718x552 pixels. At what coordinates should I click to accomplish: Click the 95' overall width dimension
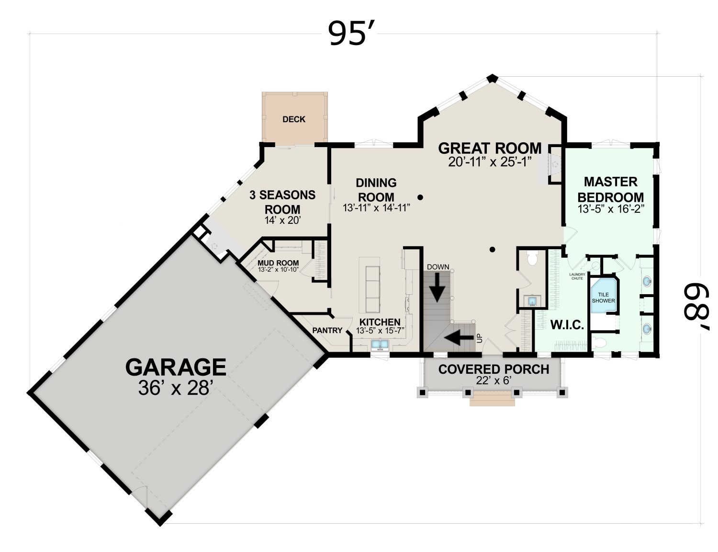click(x=351, y=33)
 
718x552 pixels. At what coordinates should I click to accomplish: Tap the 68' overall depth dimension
click(x=695, y=306)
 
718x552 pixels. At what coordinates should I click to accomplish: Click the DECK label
click(x=294, y=119)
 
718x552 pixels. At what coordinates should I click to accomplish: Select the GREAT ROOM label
click(x=490, y=148)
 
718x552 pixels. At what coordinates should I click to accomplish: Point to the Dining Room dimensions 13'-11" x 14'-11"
click(x=376, y=208)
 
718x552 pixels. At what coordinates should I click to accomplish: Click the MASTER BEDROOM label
click(x=611, y=190)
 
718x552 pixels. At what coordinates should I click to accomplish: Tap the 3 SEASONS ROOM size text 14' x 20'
click(x=282, y=220)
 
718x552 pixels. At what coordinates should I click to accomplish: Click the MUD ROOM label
click(x=278, y=263)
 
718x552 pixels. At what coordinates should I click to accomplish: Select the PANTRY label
click(x=327, y=330)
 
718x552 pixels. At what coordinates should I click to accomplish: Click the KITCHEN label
click(x=380, y=322)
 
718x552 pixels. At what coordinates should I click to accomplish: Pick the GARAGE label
click(x=176, y=367)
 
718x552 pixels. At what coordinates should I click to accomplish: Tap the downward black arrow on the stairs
click(x=437, y=287)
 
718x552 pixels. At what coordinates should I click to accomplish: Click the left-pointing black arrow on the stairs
click(x=459, y=338)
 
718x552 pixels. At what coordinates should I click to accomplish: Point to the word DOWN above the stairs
click(x=438, y=267)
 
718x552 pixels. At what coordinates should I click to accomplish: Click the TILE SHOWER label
click(x=603, y=298)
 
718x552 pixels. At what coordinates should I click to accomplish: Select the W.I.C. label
click(x=567, y=325)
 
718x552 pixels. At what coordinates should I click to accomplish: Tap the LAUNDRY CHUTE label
click(x=577, y=276)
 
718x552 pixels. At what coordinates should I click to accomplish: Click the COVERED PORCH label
click(x=494, y=369)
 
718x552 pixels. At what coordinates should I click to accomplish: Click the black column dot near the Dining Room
click(x=420, y=197)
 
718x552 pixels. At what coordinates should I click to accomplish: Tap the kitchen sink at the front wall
click(x=380, y=345)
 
